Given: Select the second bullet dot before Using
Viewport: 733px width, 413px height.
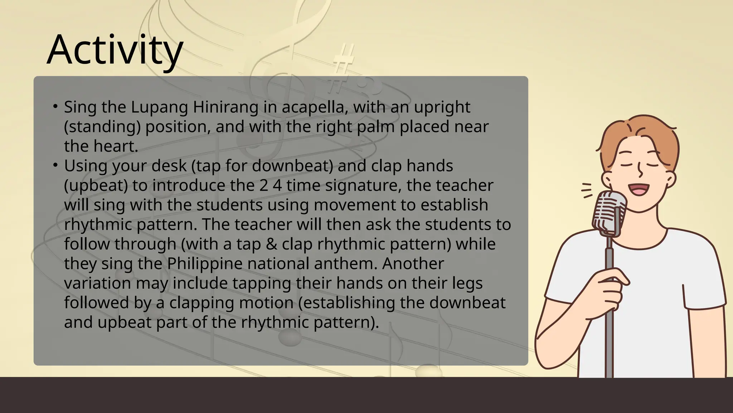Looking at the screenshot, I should tap(55, 165).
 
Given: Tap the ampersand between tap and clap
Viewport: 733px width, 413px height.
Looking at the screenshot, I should tap(272, 244).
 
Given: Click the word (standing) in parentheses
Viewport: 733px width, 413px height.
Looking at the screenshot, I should tap(102, 127).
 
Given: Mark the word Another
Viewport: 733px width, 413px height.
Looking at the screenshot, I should tap(413, 264).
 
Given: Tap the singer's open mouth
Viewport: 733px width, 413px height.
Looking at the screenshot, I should tap(639, 189).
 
